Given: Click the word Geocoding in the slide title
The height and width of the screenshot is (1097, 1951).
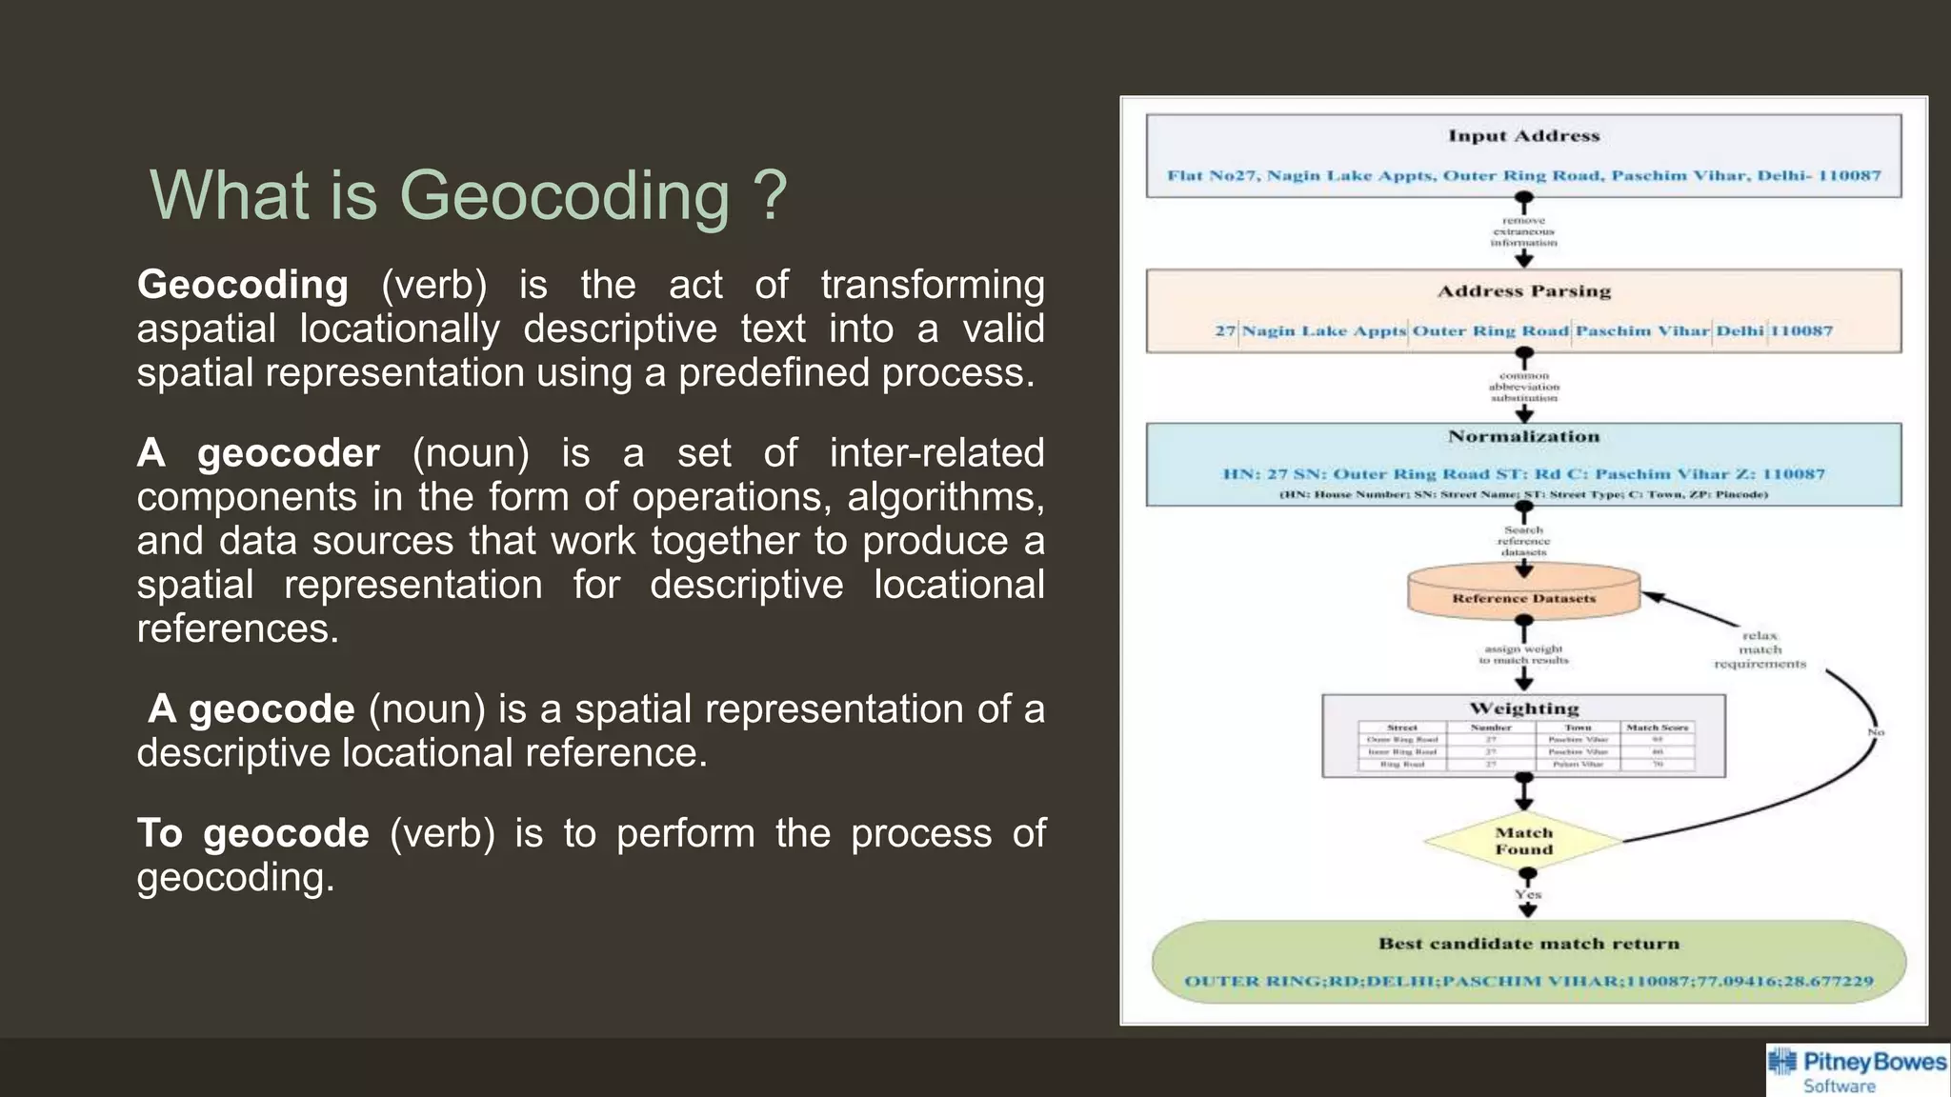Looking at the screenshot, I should [x=564, y=195].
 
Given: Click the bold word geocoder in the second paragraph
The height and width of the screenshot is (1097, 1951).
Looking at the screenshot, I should [x=288, y=452].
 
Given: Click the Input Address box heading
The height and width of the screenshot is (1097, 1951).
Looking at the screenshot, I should [x=1523, y=136].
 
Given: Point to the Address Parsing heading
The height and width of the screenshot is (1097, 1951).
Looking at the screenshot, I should [x=1523, y=291].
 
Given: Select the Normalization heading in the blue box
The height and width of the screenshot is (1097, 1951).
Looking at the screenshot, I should [x=1523, y=437].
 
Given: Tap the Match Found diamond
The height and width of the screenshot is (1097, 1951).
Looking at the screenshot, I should [x=1523, y=841].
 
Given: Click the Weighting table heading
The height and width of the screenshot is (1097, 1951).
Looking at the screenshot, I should [x=1523, y=708].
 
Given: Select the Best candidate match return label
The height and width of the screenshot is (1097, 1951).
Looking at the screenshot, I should [x=1528, y=944].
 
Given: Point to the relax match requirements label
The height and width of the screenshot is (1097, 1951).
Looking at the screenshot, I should [x=1760, y=649].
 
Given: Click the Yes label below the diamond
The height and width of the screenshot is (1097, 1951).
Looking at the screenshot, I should [x=1528, y=894].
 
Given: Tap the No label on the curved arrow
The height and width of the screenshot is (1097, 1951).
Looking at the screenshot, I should [x=1875, y=732].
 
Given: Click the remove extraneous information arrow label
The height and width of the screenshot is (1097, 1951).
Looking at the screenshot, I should [x=1523, y=231].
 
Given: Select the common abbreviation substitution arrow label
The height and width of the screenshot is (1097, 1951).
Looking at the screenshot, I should [x=1523, y=387].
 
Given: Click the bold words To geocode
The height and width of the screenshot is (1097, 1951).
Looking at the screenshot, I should [x=252, y=833].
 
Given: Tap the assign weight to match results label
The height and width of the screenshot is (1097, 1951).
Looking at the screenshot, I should [x=1523, y=654].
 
